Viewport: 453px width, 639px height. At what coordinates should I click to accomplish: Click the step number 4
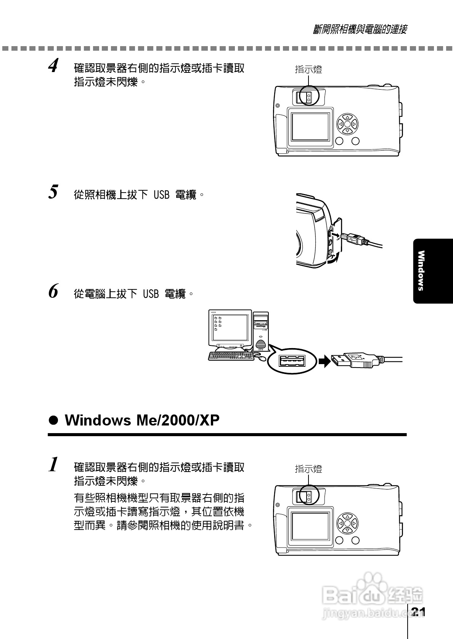click(x=53, y=66)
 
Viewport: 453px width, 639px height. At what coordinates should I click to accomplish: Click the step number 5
click(x=53, y=191)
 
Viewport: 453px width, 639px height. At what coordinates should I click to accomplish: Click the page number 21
click(x=418, y=612)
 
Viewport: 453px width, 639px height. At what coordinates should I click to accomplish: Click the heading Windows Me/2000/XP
click(x=142, y=420)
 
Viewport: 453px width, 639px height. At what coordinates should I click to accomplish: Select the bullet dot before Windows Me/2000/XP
click(x=54, y=421)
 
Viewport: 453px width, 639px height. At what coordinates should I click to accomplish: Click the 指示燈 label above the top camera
click(x=308, y=69)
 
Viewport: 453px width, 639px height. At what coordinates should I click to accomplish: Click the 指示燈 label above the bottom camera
click(x=308, y=469)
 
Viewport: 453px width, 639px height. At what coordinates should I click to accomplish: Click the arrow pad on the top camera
click(x=347, y=124)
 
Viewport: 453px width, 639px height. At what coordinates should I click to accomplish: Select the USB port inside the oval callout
click(x=292, y=360)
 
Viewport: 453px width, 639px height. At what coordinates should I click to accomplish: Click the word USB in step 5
click(x=161, y=195)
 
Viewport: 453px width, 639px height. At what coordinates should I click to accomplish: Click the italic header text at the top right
click(x=359, y=29)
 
